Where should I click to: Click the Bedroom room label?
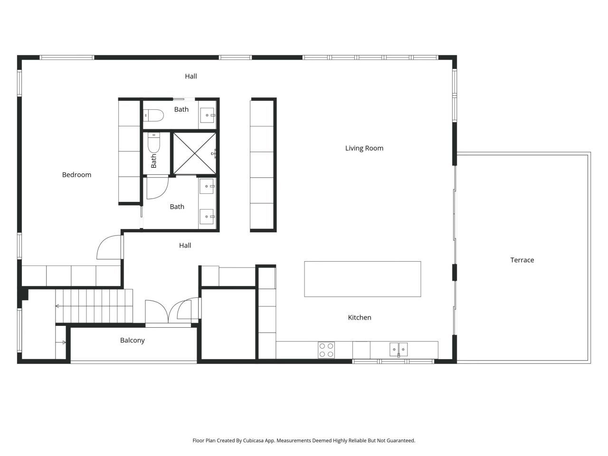click(76, 175)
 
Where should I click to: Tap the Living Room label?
click(364, 148)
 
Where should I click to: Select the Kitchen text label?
click(360, 317)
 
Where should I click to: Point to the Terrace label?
click(522, 260)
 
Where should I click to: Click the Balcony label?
click(132, 340)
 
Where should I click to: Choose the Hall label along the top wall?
click(191, 76)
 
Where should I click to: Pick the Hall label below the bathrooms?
click(185, 245)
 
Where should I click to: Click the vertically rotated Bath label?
click(154, 161)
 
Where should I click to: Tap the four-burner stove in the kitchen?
click(326, 350)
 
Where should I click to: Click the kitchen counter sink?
click(399, 350)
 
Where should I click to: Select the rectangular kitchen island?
click(362, 279)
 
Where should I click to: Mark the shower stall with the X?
click(194, 153)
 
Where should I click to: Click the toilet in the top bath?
click(154, 115)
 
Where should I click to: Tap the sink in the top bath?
click(208, 115)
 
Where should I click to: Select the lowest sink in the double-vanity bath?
click(208, 217)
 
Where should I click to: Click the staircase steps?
click(94, 306)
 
